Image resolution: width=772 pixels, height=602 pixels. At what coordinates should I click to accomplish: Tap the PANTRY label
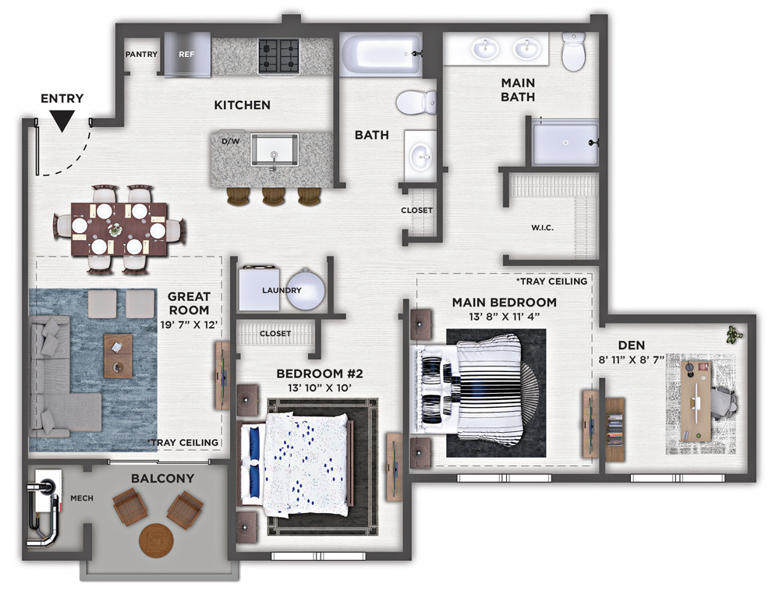pyautogui.click(x=141, y=54)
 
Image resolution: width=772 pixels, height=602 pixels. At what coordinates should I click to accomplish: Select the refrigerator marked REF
pyautogui.click(x=187, y=54)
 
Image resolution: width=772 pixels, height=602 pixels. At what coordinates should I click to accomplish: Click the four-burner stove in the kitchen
pyautogui.click(x=279, y=55)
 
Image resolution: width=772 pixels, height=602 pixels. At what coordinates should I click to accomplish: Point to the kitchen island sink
pyautogui.click(x=274, y=150)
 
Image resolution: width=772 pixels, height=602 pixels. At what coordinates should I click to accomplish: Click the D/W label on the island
pyautogui.click(x=230, y=141)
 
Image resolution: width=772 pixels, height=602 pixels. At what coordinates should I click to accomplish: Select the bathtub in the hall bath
pyautogui.click(x=381, y=54)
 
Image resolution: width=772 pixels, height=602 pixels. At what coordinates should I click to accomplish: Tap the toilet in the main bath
pyautogui.click(x=574, y=51)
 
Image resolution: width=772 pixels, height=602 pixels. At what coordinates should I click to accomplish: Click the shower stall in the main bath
pyautogui.click(x=565, y=142)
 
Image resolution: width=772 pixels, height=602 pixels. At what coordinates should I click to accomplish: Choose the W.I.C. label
pyautogui.click(x=542, y=228)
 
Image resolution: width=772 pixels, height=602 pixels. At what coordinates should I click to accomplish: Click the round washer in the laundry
pyautogui.click(x=306, y=289)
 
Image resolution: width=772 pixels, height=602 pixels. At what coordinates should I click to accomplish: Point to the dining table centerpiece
pyautogui.click(x=115, y=229)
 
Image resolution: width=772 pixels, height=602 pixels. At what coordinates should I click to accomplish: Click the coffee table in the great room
pyautogui.click(x=119, y=356)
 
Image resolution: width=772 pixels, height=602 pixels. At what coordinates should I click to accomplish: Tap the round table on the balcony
pyautogui.click(x=157, y=540)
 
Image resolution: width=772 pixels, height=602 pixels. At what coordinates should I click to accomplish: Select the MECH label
pyautogui.click(x=82, y=498)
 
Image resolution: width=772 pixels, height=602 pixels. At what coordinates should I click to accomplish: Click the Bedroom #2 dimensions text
pyautogui.click(x=320, y=388)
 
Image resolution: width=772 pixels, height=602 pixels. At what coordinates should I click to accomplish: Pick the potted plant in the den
pyautogui.click(x=734, y=335)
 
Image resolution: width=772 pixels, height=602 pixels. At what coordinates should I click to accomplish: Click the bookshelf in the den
pyautogui.click(x=615, y=429)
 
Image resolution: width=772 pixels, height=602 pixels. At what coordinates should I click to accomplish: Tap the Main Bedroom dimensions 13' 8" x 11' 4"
pyautogui.click(x=505, y=317)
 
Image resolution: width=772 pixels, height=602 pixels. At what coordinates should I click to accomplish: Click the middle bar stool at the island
pyautogui.click(x=274, y=196)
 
